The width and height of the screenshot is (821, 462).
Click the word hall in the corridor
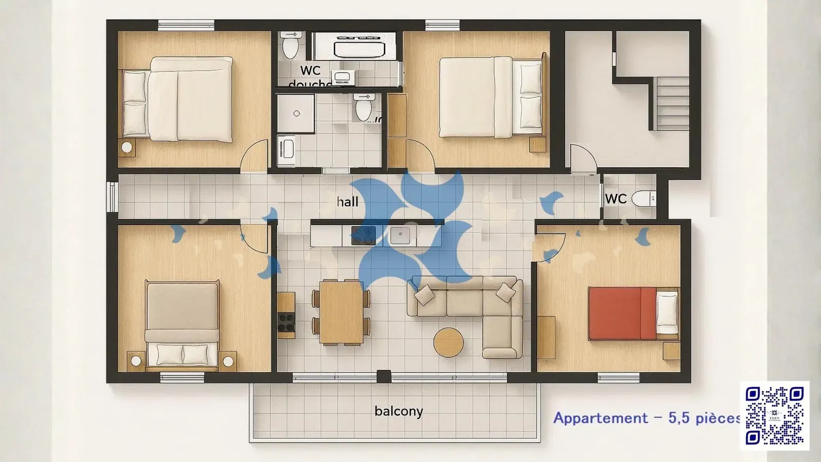(347, 202)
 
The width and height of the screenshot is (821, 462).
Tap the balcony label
(399, 411)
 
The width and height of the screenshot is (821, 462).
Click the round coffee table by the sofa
(448, 342)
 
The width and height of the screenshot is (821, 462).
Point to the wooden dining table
(341, 312)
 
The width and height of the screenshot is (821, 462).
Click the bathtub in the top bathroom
(359, 49)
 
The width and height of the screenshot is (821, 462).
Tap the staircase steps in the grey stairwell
(672, 103)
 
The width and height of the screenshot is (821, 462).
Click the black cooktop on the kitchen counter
(363, 236)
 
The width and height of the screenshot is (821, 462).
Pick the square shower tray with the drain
(296, 113)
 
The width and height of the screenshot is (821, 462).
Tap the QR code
(774, 416)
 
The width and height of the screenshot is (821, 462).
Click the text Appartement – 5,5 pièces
(647, 418)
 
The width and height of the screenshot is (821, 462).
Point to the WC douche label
(310, 75)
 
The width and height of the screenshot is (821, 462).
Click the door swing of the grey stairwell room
(582, 158)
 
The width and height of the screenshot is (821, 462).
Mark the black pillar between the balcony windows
(384, 377)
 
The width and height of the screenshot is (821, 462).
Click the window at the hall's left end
(112, 197)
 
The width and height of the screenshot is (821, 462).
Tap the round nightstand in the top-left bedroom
(127, 148)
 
